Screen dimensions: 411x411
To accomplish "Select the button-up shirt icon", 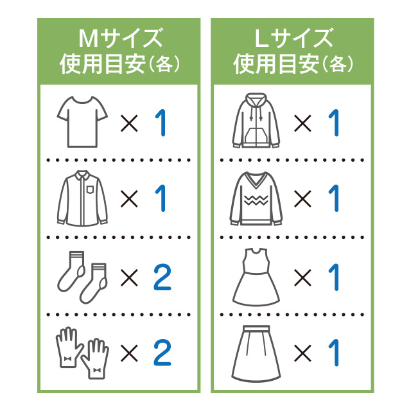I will click(83, 198).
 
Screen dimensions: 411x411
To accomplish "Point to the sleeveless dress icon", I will click(256, 277).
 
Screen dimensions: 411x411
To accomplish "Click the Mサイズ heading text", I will click(119, 39).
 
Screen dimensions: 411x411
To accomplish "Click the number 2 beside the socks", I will click(162, 277).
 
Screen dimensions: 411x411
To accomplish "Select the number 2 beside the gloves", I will click(162, 352).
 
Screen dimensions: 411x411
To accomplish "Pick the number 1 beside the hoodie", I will click(334, 123).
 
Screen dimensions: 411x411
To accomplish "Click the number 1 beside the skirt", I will click(334, 353).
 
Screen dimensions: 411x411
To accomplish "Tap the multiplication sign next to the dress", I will click(303, 277).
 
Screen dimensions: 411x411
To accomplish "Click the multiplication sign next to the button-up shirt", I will click(129, 199).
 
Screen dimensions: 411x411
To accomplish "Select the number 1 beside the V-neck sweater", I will click(334, 199).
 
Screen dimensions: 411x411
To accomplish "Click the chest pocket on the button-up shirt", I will click(89, 190).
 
